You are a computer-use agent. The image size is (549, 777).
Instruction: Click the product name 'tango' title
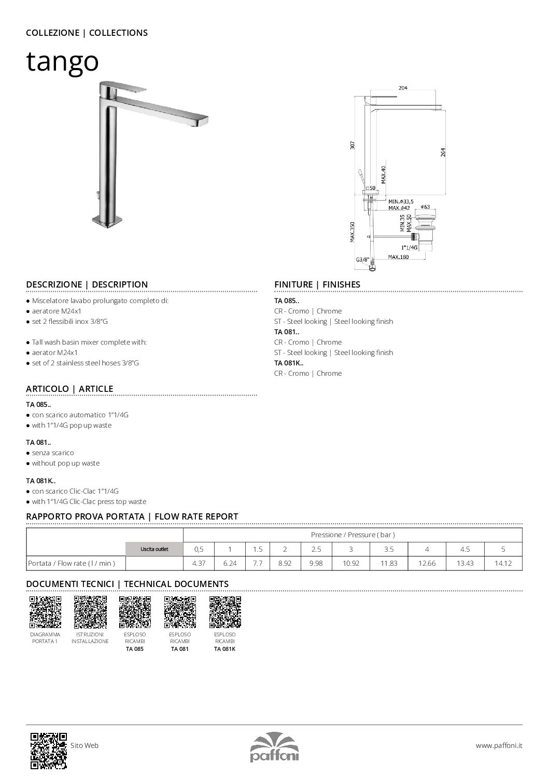(62, 61)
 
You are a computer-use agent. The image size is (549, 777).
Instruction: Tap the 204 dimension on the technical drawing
(403, 88)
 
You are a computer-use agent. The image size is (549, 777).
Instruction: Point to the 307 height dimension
(353, 146)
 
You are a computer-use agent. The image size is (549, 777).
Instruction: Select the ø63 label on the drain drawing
(426, 207)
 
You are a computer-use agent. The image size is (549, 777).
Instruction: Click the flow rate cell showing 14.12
(503, 563)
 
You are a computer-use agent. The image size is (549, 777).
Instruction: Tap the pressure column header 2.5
(316, 549)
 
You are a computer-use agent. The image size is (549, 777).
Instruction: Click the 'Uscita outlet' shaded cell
(154, 549)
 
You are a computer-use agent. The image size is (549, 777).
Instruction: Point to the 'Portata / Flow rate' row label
(71, 563)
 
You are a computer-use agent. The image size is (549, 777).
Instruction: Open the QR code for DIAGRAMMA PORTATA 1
(45, 612)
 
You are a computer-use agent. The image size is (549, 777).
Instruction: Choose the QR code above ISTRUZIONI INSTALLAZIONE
(90, 612)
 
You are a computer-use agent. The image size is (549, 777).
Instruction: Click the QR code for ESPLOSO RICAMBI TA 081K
(225, 612)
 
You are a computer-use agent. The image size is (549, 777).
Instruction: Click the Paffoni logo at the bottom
(274, 747)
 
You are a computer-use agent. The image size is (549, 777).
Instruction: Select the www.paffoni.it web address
(499, 745)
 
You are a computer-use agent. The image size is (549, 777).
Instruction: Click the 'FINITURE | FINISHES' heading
(317, 284)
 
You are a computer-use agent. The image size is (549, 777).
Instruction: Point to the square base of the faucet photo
(106, 221)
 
